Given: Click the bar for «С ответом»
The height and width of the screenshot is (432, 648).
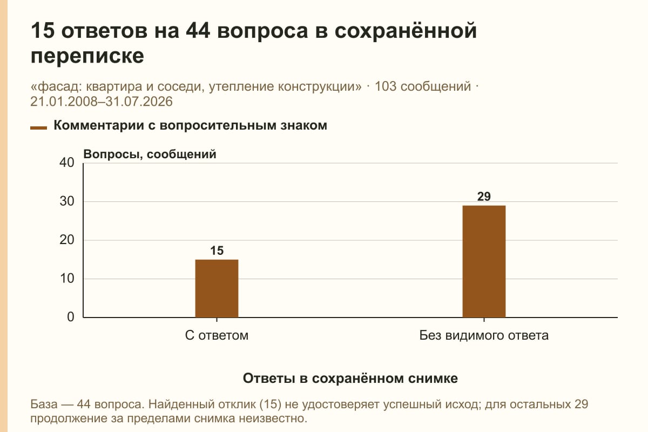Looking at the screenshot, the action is pyautogui.click(x=217, y=288).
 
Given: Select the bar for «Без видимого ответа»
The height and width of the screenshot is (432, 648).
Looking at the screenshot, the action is pyautogui.click(x=484, y=261).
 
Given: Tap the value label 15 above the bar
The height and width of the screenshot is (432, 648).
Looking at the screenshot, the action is pyautogui.click(x=217, y=251).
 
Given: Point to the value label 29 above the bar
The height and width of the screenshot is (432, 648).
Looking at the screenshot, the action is pyautogui.click(x=484, y=197).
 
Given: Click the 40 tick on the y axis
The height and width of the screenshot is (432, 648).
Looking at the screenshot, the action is pyautogui.click(x=67, y=163).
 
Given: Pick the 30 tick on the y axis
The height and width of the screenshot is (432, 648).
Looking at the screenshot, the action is pyautogui.click(x=67, y=201).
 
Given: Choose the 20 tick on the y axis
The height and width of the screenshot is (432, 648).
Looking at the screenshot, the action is pyautogui.click(x=67, y=240).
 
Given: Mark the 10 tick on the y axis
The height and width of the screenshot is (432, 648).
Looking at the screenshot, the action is pyautogui.click(x=67, y=279).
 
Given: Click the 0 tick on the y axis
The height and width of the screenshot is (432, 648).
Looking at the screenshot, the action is pyautogui.click(x=71, y=317).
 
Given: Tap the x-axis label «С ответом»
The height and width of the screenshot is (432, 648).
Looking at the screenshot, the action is pyautogui.click(x=217, y=335).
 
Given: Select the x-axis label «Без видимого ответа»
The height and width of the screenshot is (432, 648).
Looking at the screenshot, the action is pyautogui.click(x=484, y=335).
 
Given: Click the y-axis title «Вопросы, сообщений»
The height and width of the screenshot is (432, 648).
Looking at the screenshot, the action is pyautogui.click(x=150, y=154).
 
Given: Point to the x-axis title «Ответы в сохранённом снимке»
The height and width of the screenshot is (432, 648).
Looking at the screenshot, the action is pyautogui.click(x=350, y=378).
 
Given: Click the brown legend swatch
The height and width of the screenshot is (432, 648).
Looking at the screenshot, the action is pyautogui.click(x=38, y=127).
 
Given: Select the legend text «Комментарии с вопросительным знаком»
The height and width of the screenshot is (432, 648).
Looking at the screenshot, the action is pyautogui.click(x=190, y=126).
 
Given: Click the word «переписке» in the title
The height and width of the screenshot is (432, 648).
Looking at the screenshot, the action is pyautogui.click(x=87, y=56).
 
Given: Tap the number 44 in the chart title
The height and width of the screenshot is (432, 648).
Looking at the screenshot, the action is pyautogui.click(x=198, y=31).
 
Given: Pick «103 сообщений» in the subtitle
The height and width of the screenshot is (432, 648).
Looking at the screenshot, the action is pyautogui.click(x=423, y=86).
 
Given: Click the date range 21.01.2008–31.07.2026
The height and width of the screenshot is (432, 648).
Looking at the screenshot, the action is pyautogui.click(x=102, y=102).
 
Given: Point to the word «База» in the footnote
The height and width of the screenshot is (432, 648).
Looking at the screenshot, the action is pyautogui.click(x=44, y=404).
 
